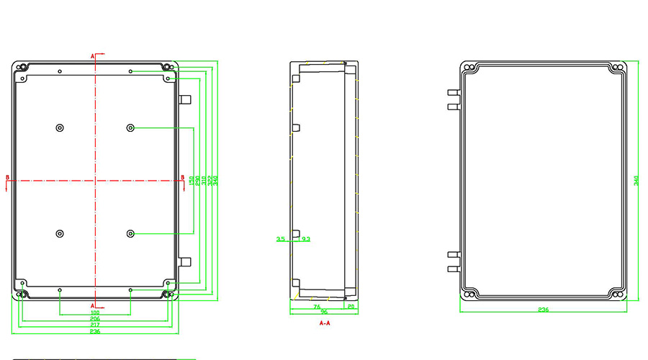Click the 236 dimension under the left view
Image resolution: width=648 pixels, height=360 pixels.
point(94,332)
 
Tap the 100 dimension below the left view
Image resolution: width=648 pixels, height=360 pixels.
point(94,312)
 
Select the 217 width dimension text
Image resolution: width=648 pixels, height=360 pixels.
point(94,325)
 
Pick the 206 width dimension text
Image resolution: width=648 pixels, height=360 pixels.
point(94,319)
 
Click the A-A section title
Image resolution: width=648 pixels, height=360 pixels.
point(325,324)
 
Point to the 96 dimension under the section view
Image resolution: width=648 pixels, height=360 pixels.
point(324,312)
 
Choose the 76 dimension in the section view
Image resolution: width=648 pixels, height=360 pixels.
point(317,307)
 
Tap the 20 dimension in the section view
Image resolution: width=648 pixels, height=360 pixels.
point(351,307)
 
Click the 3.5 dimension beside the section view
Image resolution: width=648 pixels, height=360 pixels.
point(281,238)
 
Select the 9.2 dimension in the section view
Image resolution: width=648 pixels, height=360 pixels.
point(306,238)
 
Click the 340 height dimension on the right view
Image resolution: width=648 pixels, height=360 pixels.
point(636,181)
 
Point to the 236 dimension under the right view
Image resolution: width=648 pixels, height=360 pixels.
point(544,310)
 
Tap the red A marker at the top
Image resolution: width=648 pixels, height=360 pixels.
point(92,55)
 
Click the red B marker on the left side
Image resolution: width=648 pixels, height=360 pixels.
point(7,177)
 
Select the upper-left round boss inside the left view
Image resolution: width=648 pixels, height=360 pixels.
point(59,128)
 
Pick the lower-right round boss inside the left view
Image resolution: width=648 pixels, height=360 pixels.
point(130,233)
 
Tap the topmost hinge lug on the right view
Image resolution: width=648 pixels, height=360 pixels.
point(453,93)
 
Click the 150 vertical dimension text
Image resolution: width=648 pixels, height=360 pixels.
point(191,184)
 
